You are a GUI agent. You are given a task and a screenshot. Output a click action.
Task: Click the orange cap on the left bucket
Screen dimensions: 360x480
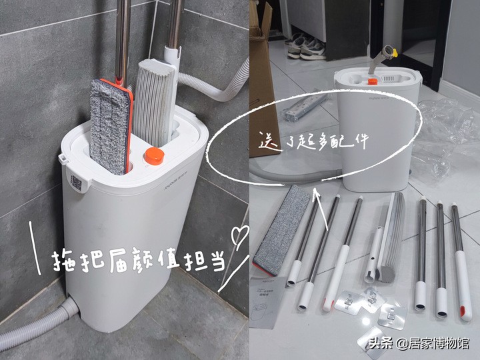click(154, 157)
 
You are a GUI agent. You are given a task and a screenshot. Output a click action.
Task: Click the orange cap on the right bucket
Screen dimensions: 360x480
click(373, 81)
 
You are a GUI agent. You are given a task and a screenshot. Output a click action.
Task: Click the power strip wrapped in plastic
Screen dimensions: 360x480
click(306, 107)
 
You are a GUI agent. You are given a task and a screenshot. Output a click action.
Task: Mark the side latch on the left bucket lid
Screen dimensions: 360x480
click(63, 159)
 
